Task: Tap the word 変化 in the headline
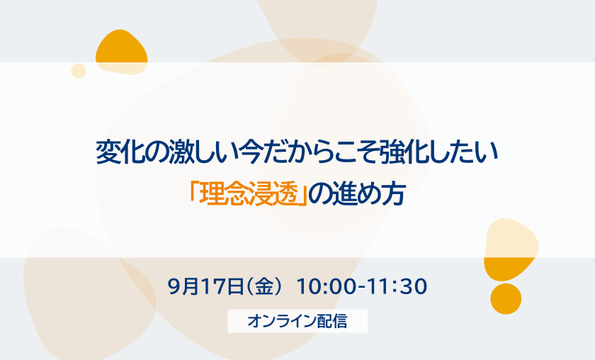pos(120,152)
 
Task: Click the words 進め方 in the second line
pos(368,193)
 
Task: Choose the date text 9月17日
pos(205,286)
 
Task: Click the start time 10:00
pos(327,286)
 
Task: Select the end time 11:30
pos(397,286)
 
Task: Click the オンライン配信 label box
pos(297,321)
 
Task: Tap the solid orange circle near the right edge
pos(506,298)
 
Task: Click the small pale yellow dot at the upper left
pos(79,71)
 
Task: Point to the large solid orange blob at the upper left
pos(121,52)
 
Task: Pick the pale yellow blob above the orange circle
pos(511,249)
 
